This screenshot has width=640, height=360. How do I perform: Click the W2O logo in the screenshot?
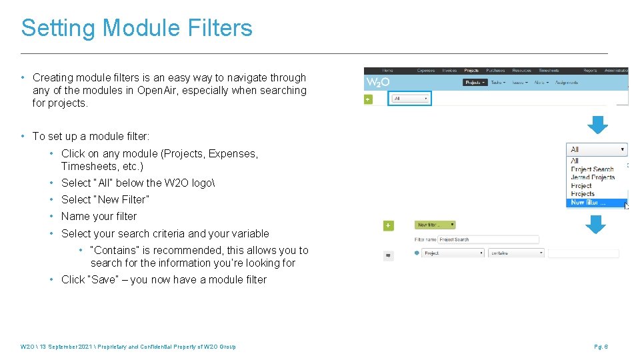click(x=377, y=83)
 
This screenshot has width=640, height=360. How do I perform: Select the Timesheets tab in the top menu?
click(x=549, y=71)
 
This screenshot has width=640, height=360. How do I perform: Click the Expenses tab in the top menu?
click(x=425, y=71)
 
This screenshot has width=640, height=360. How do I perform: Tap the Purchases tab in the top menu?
click(x=495, y=71)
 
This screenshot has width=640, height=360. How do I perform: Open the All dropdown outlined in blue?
click(x=410, y=99)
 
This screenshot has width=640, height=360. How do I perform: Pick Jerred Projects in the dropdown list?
click(x=593, y=177)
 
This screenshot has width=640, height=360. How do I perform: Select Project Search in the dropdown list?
click(x=592, y=169)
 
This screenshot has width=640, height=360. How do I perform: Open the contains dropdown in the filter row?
click(x=517, y=253)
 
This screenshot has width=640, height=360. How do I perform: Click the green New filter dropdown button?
click(x=435, y=225)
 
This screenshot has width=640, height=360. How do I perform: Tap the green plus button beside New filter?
click(x=388, y=226)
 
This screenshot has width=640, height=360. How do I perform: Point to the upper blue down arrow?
click(x=597, y=125)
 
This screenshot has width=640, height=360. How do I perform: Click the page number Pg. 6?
click(x=601, y=347)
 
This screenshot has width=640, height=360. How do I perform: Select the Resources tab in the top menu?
click(x=521, y=71)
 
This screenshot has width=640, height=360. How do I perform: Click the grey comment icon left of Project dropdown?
click(x=388, y=254)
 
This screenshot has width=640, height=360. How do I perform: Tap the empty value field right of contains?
click(x=583, y=253)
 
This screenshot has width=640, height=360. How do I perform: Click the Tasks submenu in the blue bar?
click(x=497, y=83)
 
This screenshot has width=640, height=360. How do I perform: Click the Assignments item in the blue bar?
click(x=565, y=83)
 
